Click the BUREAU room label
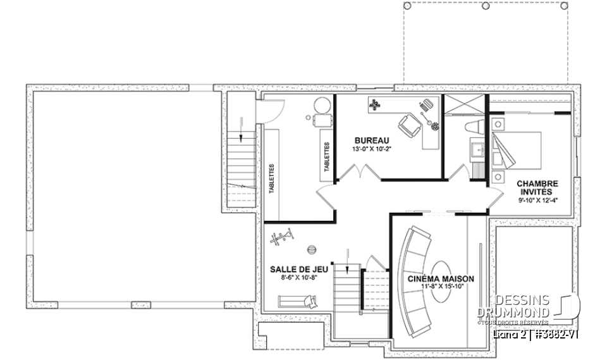tap(371, 140)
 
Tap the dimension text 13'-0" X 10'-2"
tap(371, 149)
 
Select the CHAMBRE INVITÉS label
tap(537, 187)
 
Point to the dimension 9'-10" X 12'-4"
tap(537, 200)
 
